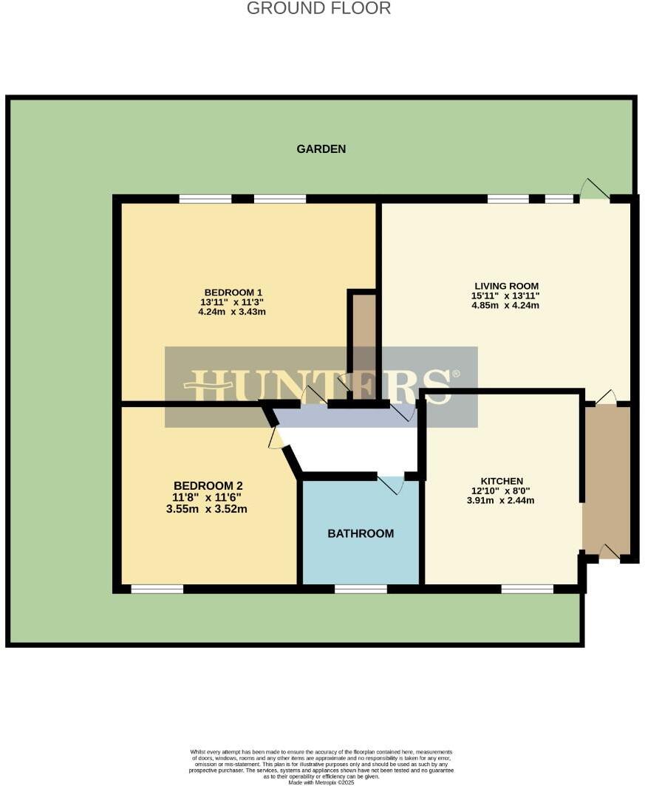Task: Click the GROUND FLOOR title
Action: (x=318, y=9)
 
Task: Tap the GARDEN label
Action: (x=321, y=149)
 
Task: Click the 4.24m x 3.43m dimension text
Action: (x=232, y=312)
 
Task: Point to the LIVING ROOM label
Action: (x=506, y=286)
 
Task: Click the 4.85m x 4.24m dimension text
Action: (x=505, y=306)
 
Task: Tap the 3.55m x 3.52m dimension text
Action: (x=207, y=508)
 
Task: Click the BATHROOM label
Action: (x=361, y=533)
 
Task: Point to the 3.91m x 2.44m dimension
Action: (x=501, y=500)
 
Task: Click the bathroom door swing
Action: (x=392, y=485)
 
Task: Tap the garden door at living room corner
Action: (x=593, y=191)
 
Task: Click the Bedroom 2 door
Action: (x=276, y=437)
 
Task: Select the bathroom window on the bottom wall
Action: (x=361, y=589)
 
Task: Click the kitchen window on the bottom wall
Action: (x=527, y=589)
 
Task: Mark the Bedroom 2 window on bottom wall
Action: (x=157, y=589)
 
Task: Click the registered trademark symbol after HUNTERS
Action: (x=456, y=374)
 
